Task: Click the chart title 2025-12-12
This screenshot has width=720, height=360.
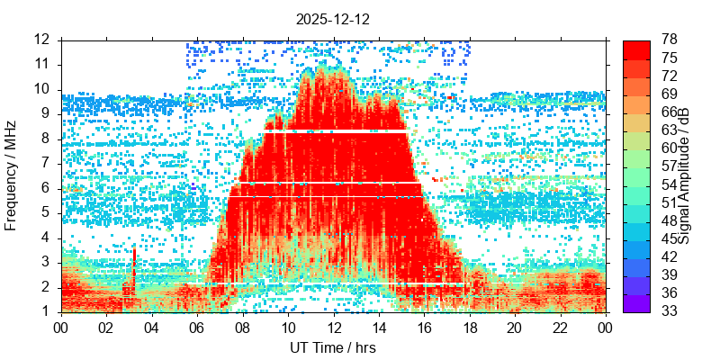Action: [333, 19]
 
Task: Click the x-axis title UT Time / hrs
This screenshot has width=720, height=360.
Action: [333, 347]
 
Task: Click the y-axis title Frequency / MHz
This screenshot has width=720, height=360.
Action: [12, 176]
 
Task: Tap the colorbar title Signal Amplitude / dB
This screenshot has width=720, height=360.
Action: [685, 176]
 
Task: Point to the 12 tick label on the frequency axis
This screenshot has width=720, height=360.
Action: [41, 40]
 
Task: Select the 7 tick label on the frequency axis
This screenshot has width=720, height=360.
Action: [46, 164]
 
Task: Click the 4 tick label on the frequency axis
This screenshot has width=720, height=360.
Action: [46, 238]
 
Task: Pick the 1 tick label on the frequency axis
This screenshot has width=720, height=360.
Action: [46, 312]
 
